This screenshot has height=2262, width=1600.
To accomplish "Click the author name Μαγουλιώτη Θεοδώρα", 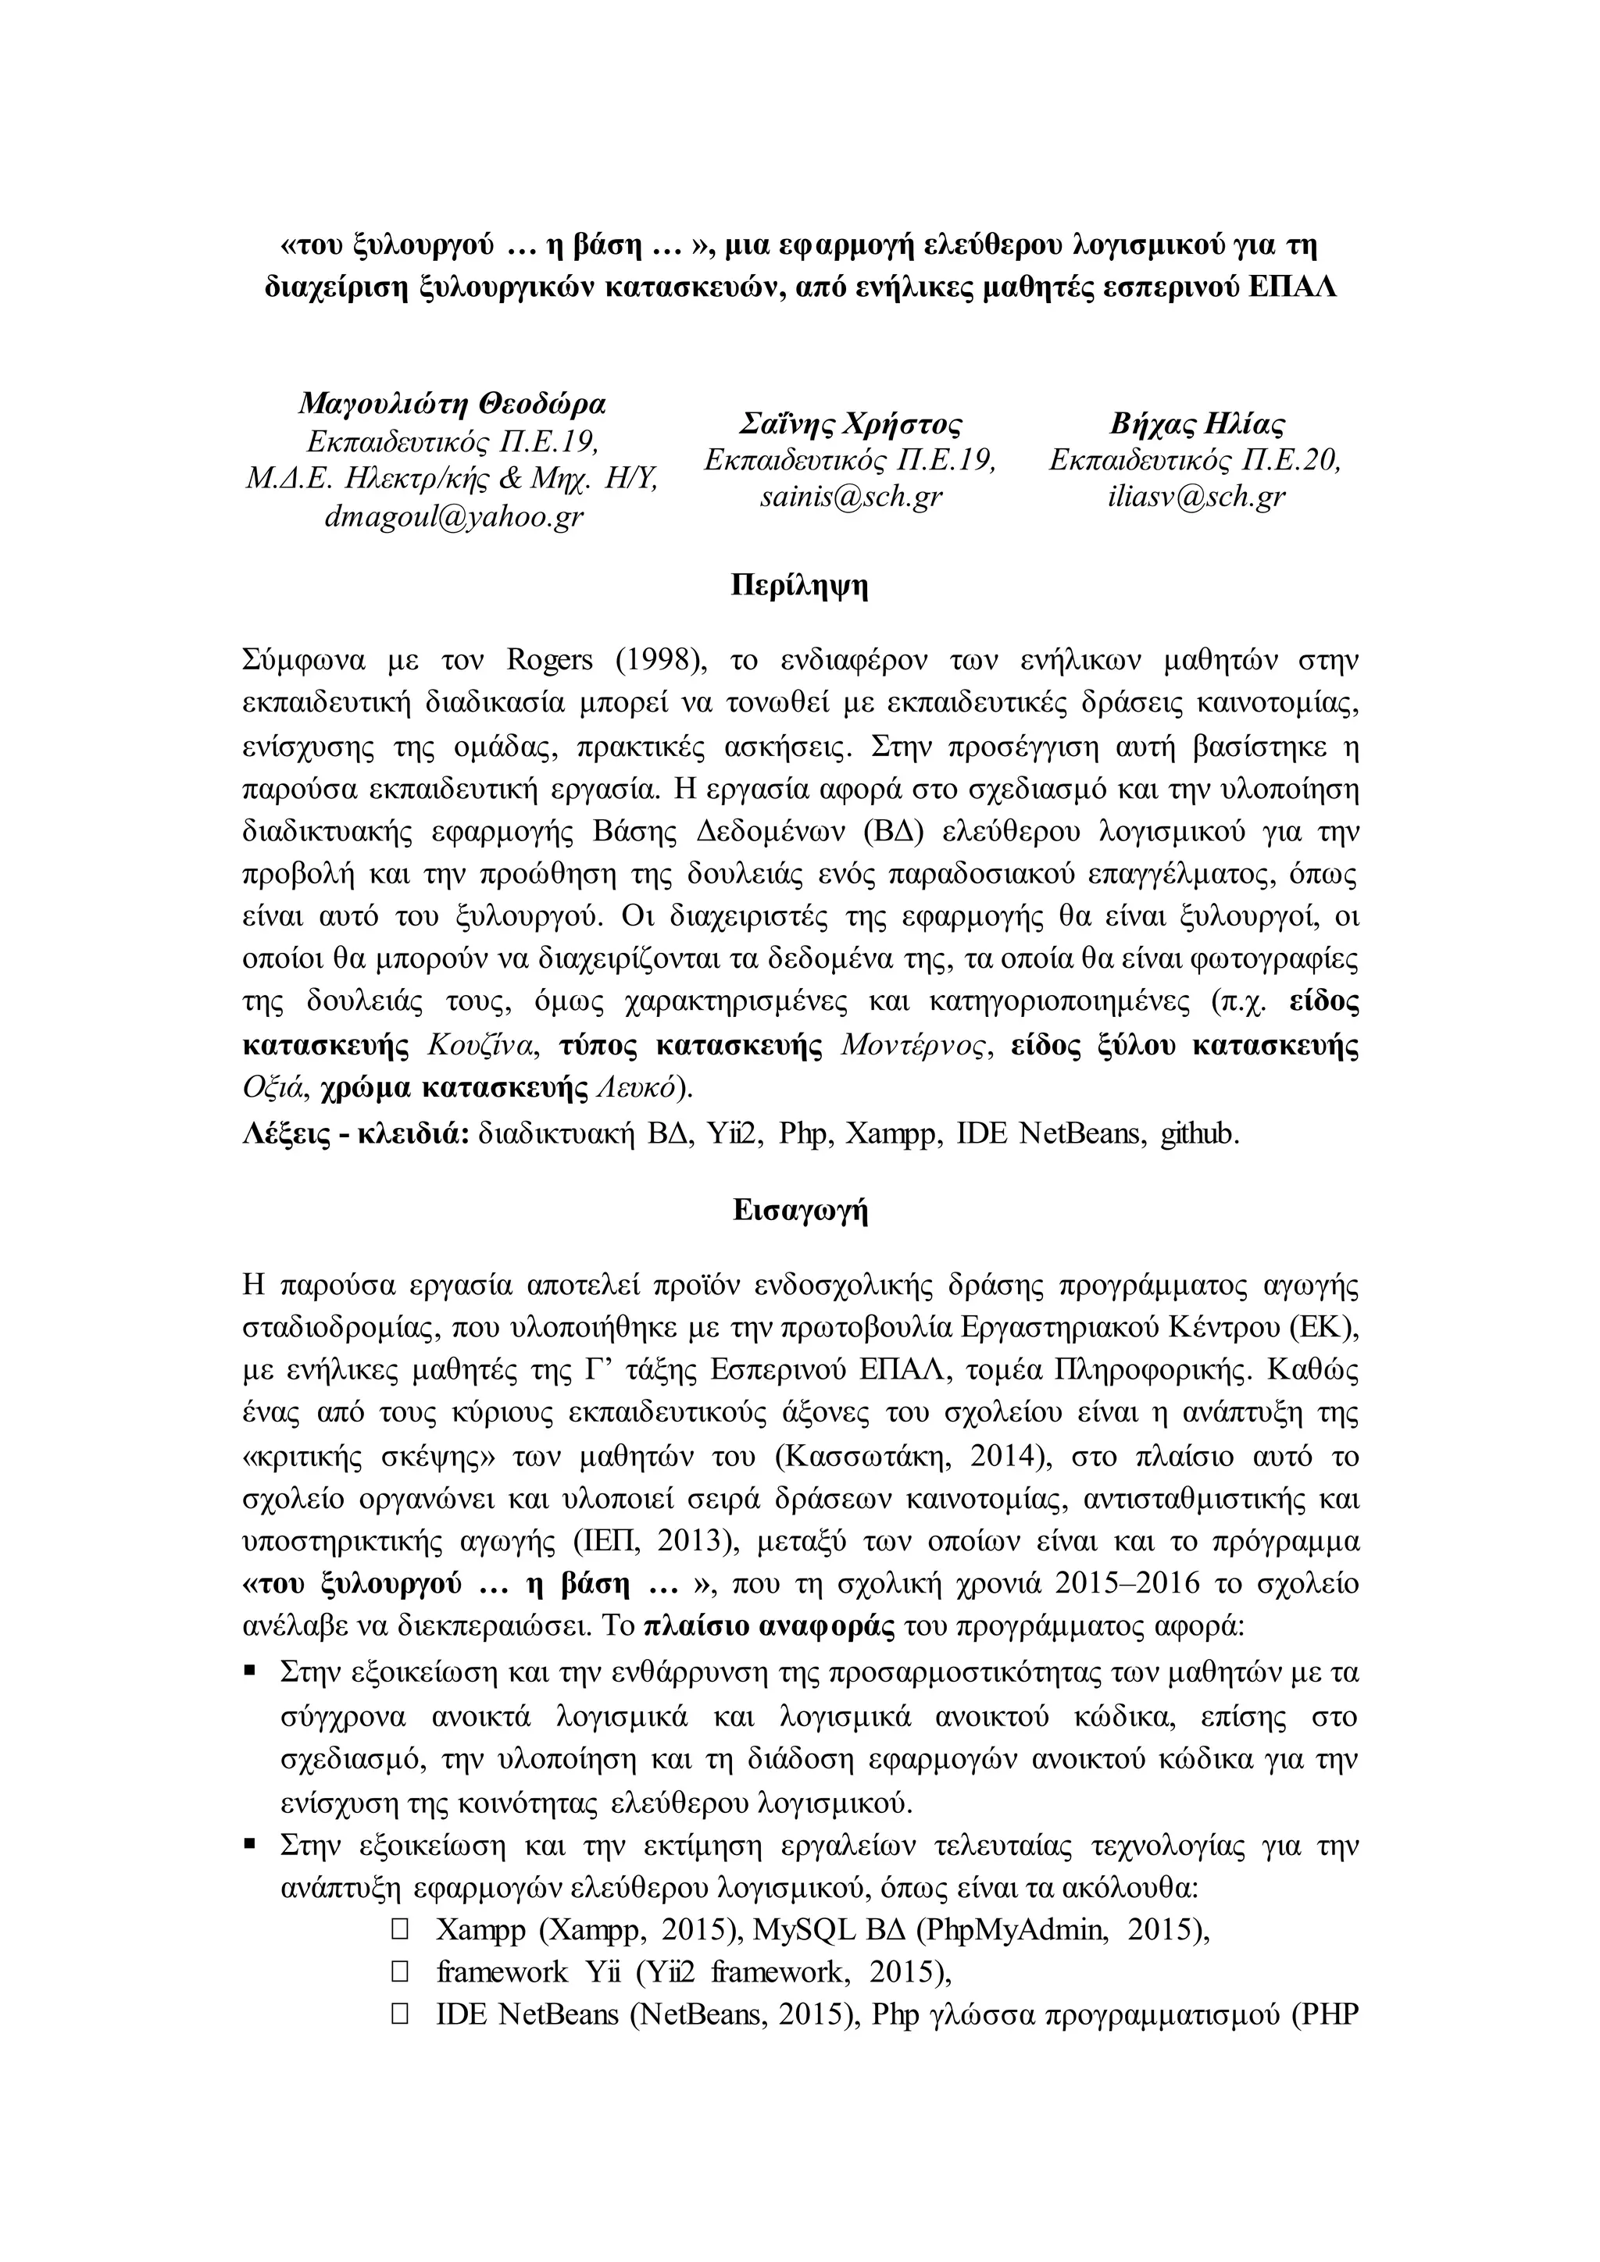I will (x=453, y=404).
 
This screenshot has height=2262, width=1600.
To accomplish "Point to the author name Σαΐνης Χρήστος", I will (x=850, y=423).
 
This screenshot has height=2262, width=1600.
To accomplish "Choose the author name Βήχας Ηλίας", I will (x=1196, y=423).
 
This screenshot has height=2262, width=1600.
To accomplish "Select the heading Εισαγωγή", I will (x=799, y=1211).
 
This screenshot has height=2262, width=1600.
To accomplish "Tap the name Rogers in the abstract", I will (x=550, y=659).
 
